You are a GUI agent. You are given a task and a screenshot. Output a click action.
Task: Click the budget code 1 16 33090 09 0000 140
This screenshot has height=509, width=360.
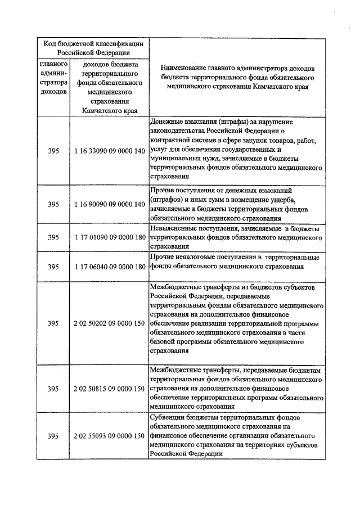[x=110, y=151]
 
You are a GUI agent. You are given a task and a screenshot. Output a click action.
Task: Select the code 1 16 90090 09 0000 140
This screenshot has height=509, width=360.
[x=110, y=204]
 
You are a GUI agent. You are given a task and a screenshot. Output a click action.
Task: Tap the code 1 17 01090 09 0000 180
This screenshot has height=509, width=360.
[x=110, y=237]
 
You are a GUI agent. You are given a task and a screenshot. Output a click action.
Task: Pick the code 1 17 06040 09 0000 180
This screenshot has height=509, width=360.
[x=110, y=266]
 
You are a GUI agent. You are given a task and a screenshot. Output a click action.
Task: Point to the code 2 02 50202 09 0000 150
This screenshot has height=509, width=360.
[x=110, y=323]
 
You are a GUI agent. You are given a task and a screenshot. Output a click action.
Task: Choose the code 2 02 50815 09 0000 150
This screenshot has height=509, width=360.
[x=110, y=389]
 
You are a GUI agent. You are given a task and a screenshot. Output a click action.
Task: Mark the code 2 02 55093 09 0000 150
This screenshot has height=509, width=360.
[x=110, y=436]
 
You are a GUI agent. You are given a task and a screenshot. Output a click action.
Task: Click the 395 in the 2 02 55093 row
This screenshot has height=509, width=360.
[x=53, y=436]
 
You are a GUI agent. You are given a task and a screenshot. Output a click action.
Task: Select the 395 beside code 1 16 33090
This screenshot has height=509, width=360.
[x=53, y=151]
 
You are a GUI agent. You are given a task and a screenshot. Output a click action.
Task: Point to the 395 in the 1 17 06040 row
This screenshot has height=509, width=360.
[x=53, y=266]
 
